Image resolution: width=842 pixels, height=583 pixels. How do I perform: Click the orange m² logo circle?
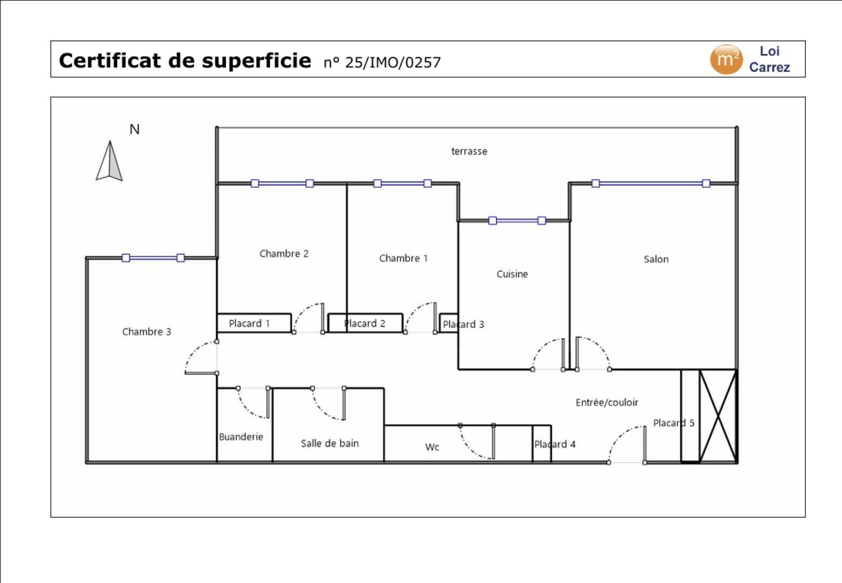click(x=726, y=59)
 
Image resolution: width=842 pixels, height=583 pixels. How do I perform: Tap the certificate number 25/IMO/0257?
click(x=382, y=63)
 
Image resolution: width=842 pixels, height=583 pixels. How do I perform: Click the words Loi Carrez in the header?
click(x=769, y=59)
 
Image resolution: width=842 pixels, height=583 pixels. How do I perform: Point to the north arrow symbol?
click(x=110, y=161)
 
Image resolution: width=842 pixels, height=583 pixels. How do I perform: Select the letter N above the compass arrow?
click(x=134, y=130)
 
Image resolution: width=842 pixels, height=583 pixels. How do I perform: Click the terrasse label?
click(x=469, y=152)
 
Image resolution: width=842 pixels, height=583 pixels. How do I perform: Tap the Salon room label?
click(x=656, y=259)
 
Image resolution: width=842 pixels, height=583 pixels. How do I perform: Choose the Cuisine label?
click(x=512, y=274)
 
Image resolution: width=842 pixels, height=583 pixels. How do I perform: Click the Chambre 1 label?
click(x=403, y=259)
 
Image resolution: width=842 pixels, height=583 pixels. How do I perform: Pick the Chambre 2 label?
click(x=284, y=254)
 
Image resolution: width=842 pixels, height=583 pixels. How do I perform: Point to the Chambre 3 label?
click(x=146, y=331)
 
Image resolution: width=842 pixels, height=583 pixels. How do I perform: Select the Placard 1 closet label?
click(x=249, y=323)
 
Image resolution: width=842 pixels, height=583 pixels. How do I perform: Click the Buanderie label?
click(x=241, y=437)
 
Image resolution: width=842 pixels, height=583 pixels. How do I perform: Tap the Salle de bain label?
click(x=329, y=443)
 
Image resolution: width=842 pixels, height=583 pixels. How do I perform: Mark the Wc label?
click(x=432, y=447)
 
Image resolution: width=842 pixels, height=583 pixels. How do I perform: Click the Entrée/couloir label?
click(x=607, y=402)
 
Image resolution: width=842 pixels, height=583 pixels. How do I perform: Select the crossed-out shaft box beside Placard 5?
click(x=718, y=416)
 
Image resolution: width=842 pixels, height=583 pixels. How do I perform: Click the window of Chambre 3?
click(x=153, y=258)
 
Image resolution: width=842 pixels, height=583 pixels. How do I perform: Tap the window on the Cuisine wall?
click(x=517, y=220)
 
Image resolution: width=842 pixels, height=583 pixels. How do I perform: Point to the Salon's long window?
click(x=650, y=184)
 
